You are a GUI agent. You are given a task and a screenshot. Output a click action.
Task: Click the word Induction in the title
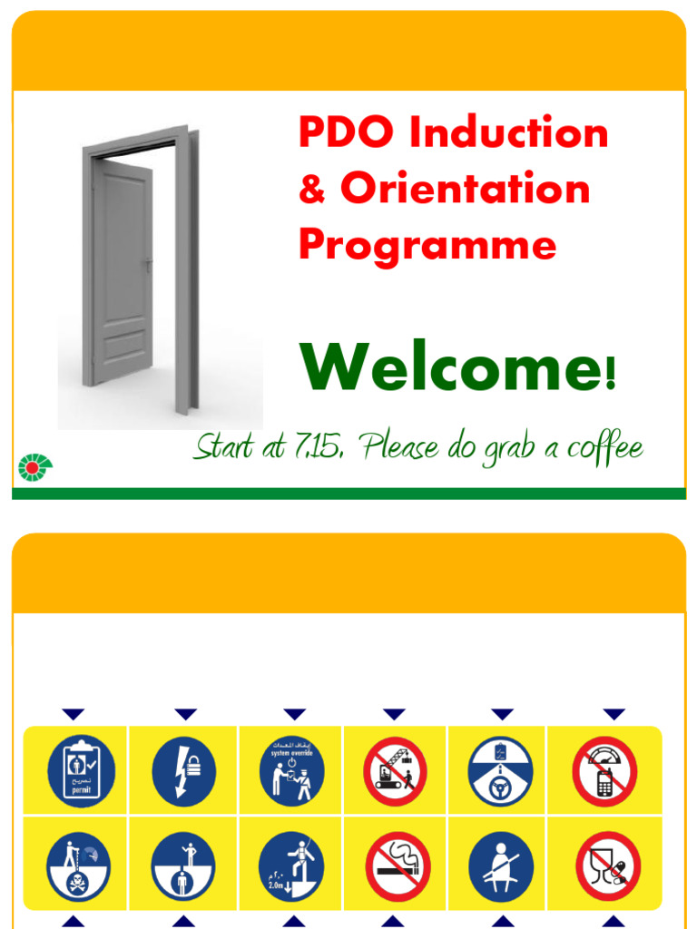(508, 134)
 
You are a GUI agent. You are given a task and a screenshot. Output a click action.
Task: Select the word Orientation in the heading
(466, 189)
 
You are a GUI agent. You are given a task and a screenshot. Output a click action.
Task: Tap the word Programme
(427, 245)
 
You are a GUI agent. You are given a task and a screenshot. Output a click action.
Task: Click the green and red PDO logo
(35, 466)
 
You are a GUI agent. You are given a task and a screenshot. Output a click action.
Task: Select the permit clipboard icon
(81, 771)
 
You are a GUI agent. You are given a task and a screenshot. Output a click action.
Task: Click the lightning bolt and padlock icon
(184, 771)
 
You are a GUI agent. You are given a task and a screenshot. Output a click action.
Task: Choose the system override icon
(291, 771)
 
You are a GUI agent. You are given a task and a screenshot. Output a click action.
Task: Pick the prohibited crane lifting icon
(395, 771)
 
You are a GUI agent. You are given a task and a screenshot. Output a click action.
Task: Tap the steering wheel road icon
(500, 771)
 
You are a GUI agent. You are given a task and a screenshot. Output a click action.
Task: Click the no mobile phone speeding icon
(604, 771)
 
